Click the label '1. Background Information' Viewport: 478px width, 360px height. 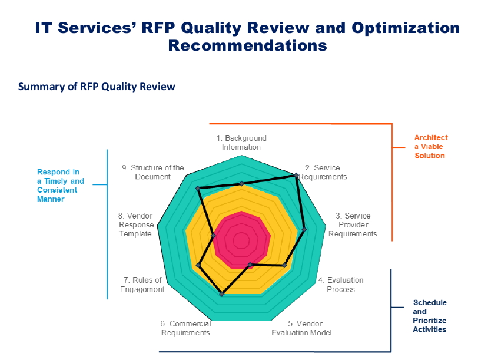tap(241, 143)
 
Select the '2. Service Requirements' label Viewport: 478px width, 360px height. tap(323, 172)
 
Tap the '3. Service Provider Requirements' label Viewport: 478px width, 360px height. tap(353, 224)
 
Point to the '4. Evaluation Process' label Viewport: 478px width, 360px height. tap(341, 285)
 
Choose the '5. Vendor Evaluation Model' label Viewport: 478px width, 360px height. tap(301, 328)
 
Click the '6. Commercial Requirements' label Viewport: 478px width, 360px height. tap(185, 328)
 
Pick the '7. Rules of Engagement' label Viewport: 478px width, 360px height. tap(142, 285)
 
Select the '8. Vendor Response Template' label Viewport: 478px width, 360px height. tap(136, 224)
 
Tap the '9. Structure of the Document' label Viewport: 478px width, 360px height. tap(153, 172)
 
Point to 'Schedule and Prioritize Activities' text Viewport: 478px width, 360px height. tap(429, 316)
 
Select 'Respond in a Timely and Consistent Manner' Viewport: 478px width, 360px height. tap(61, 186)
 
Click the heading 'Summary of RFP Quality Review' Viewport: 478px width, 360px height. tap(97, 87)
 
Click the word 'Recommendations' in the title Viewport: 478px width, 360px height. tap(247, 45)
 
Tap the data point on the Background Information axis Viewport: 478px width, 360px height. tap(241, 184)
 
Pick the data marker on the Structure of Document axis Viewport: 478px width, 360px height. tap(198, 189)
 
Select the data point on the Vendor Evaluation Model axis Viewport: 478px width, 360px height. tap(250, 265)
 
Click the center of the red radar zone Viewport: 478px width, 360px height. tap(241, 240)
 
